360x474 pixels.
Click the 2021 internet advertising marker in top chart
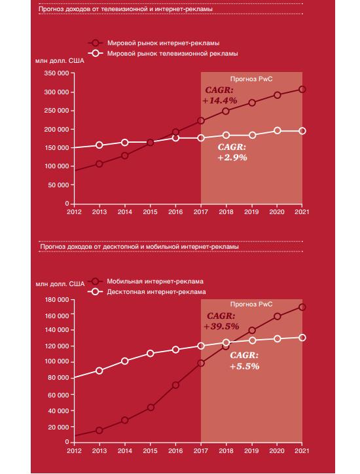[302, 90]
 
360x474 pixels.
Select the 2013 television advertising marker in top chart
[99, 145]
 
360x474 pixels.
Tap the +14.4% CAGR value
[220, 101]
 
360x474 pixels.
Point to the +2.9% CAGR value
[232, 158]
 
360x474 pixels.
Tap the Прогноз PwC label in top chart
[251, 79]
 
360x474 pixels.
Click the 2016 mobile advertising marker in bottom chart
[175, 385]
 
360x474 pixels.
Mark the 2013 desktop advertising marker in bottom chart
[99, 371]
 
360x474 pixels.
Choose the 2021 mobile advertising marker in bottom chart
[302, 307]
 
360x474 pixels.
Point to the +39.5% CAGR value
[221, 327]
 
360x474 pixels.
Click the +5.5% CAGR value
[245, 367]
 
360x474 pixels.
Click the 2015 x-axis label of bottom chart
[151, 450]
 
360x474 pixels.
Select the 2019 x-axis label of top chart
[251, 212]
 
